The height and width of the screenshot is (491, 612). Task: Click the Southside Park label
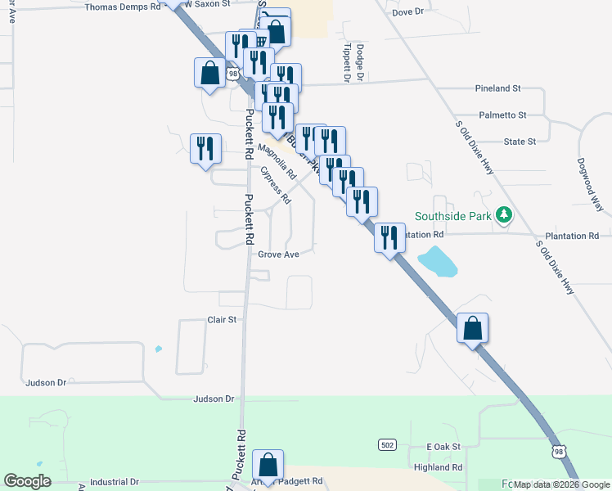[452, 216]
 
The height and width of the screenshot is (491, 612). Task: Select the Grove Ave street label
[278, 255]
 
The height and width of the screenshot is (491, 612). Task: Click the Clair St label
[222, 319]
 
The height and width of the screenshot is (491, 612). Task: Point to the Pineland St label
[498, 88]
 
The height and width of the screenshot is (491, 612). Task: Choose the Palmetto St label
[503, 115]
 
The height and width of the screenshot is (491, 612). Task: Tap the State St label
[520, 142]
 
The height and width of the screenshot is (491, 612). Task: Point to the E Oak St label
[444, 447]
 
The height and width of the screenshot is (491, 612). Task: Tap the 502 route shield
[388, 444]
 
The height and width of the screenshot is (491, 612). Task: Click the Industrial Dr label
[114, 483]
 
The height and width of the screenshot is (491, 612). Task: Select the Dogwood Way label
[589, 185]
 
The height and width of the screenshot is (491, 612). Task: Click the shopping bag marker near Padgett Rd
[268, 465]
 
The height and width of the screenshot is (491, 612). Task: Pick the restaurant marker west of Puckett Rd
[205, 148]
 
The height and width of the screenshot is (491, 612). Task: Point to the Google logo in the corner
[28, 481]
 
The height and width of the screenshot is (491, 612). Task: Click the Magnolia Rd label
[277, 162]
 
